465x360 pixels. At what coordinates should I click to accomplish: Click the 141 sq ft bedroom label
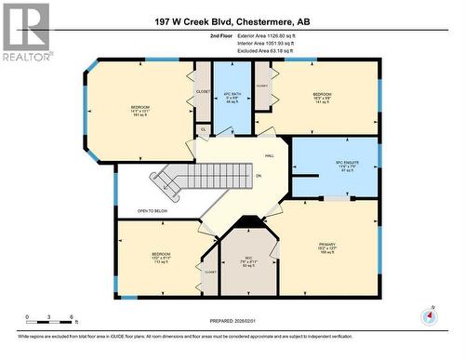(322, 98)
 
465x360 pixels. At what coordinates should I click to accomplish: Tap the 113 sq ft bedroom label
(159, 257)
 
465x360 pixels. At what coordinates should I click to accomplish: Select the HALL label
(268, 156)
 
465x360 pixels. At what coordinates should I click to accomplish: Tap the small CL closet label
(204, 128)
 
